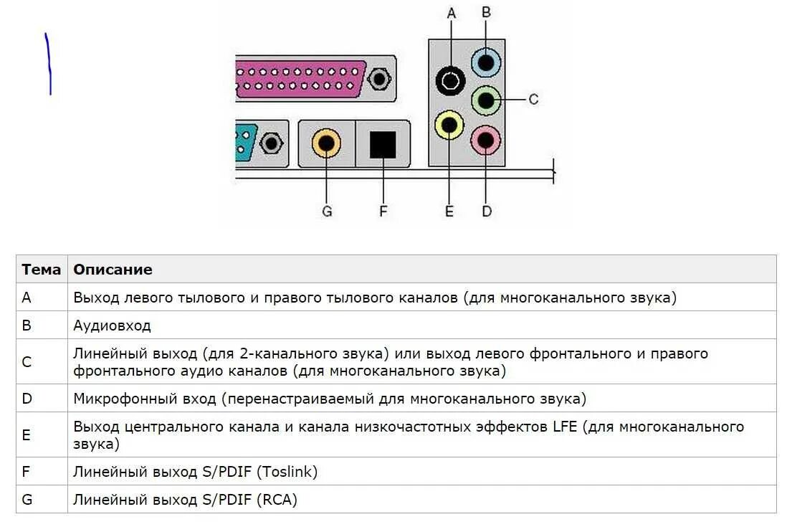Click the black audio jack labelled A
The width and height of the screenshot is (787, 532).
tap(450, 80)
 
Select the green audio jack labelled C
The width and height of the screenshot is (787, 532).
tap(486, 100)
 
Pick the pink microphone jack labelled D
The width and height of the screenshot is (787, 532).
tap(486, 140)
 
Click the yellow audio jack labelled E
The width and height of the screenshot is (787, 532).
tap(449, 125)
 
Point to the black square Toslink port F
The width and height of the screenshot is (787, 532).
tap(383, 144)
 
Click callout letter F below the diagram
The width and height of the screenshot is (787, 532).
tap(383, 212)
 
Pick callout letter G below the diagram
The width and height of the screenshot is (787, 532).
tap(327, 212)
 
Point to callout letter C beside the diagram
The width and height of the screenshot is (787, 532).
tap(533, 99)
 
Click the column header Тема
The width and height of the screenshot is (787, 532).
tap(41, 270)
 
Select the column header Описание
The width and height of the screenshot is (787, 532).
tap(113, 270)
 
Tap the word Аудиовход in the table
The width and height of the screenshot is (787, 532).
tap(112, 326)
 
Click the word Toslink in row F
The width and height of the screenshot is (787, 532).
tap(286, 472)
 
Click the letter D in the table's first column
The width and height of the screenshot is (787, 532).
tap(27, 399)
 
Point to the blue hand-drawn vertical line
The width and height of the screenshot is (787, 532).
tap(49, 65)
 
